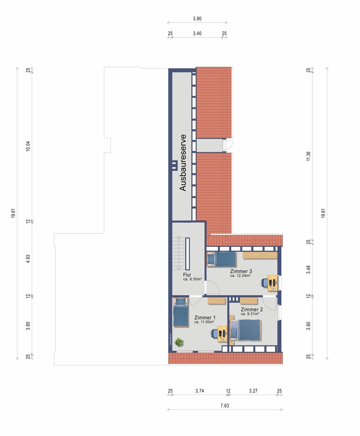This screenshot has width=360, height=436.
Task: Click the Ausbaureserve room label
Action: click(x=182, y=163)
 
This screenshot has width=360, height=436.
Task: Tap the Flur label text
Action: click(x=187, y=275)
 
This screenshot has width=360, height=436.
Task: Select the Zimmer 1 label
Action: click(x=205, y=317)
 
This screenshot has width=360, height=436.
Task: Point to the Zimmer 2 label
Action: click(x=251, y=309)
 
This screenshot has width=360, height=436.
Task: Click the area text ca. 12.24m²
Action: click(x=240, y=276)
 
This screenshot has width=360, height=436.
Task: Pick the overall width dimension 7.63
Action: click(x=225, y=405)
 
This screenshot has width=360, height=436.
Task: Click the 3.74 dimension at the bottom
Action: click(x=199, y=391)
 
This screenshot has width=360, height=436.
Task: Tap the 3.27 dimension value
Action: click(x=253, y=391)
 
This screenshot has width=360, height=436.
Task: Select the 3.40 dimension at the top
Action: click(x=197, y=34)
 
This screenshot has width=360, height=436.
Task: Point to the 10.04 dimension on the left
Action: click(x=28, y=146)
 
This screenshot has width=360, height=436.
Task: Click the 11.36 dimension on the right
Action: click(x=308, y=156)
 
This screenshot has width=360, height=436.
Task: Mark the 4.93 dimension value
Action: click(x=28, y=259)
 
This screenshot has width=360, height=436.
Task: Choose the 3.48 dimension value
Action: click(x=308, y=269)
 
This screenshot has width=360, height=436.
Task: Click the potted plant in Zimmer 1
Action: click(x=178, y=342)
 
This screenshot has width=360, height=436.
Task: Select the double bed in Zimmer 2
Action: click(x=246, y=330)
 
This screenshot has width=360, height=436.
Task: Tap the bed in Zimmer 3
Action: click(x=221, y=259)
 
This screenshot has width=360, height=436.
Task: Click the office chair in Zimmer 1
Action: click(x=214, y=333)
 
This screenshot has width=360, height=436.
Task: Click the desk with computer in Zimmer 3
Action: click(x=273, y=283)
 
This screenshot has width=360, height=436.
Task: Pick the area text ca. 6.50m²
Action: click(x=192, y=279)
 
